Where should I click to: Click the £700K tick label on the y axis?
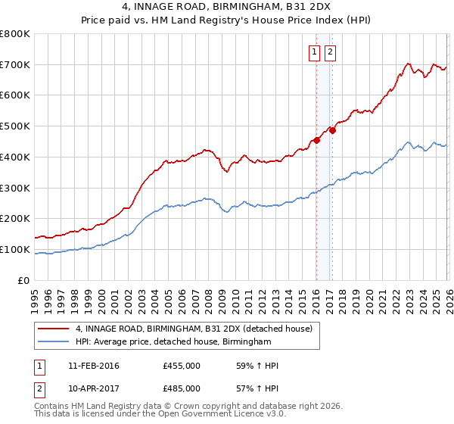[x=15, y=64]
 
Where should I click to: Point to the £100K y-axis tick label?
[x=15, y=249]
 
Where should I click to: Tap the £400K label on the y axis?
[x=15, y=157]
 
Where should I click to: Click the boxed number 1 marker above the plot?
[x=314, y=52]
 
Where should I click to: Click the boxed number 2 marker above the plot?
[x=331, y=52]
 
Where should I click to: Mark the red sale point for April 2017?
[x=332, y=130]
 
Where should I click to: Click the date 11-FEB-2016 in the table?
[x=93, y=366]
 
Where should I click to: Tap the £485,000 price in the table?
[x=182, y=388]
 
